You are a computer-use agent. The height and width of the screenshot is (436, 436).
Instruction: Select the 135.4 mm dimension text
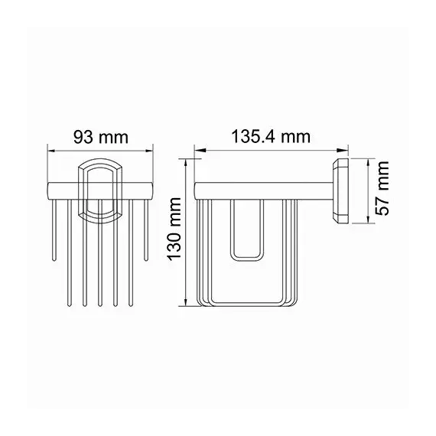[x=272, y=137]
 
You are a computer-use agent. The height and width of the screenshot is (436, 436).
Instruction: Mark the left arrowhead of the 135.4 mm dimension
[x=198, y=150]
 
